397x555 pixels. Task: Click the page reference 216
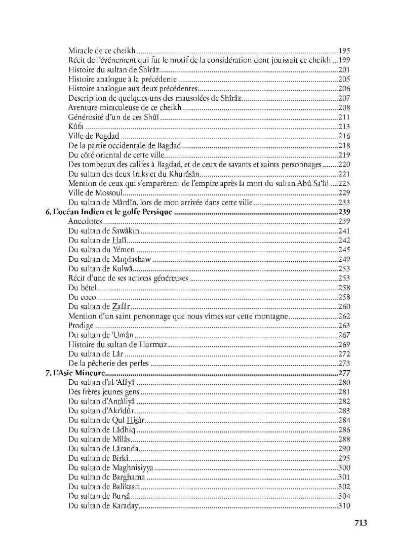pos(344,136)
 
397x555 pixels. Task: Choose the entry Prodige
pos(81,326)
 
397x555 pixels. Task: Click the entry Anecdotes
pos(85,221)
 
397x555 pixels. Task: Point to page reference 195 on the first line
pos(344,51)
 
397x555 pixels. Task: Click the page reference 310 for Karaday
pos(344,505)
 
